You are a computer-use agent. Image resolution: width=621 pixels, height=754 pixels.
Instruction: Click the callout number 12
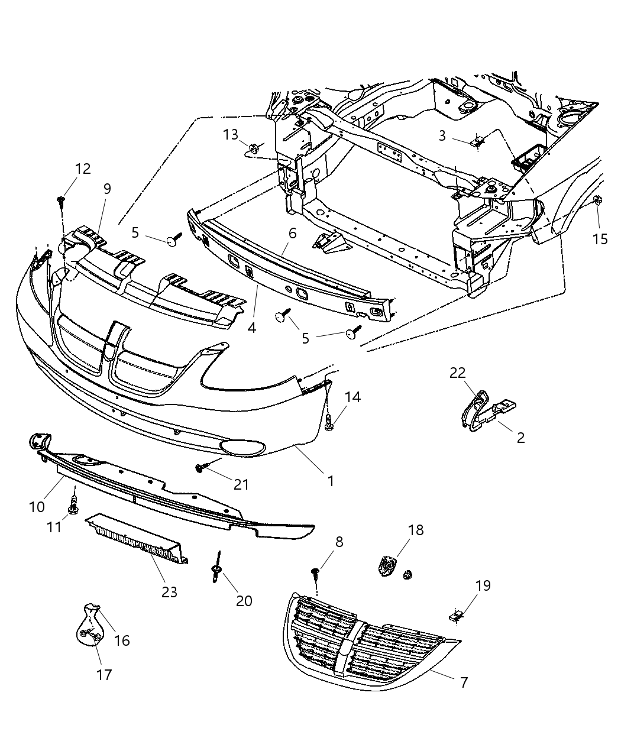83,169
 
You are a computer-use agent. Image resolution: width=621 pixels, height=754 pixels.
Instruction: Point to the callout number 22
457,373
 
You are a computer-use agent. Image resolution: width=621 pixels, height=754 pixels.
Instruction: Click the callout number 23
169,591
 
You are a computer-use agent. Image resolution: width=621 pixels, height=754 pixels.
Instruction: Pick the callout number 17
104,674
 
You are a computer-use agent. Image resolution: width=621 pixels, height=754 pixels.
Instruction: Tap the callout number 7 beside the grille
464,682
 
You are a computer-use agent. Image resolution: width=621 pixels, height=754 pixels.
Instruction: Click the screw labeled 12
60,202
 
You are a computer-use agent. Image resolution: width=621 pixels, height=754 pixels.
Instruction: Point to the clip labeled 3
478,141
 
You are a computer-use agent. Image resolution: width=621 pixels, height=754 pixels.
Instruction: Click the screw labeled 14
329,423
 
